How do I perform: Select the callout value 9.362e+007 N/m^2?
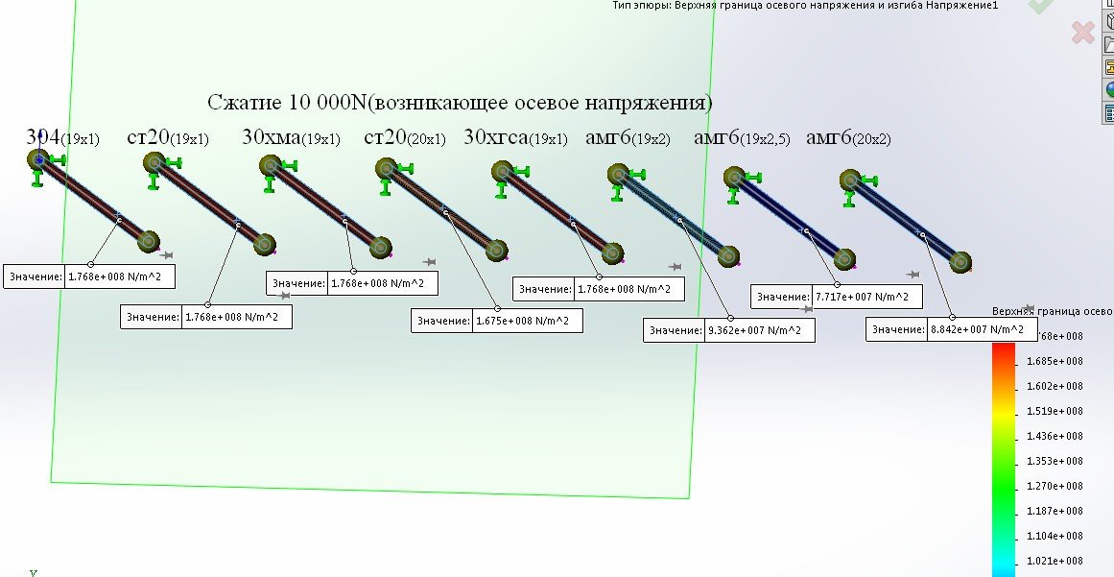759,331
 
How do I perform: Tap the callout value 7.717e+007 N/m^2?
866,297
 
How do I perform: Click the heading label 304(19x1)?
61,137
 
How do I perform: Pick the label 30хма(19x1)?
291,138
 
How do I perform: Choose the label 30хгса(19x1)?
515,138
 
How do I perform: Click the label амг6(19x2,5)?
742,138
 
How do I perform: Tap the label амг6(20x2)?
849,138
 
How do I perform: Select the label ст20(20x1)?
405,138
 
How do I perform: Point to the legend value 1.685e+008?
1055,362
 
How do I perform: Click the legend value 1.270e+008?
1055,486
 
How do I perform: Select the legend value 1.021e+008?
1055,561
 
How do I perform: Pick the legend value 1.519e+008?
1055,412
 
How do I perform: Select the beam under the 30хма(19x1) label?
324,207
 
